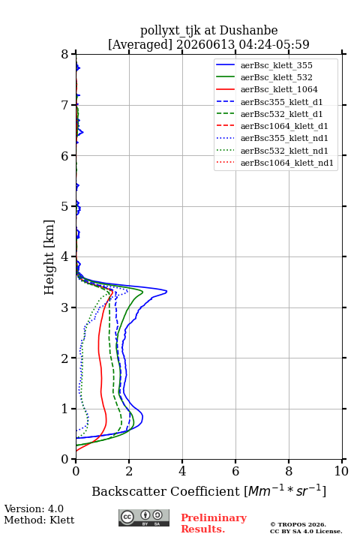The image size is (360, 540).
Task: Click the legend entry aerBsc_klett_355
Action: click(x=264, y=65)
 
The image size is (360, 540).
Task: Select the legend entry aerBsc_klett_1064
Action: click(x=267, y=89)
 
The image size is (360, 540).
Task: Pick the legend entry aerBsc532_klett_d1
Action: click(x=269, y=114)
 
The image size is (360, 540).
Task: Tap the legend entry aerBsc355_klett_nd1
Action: click(x=271, y=138)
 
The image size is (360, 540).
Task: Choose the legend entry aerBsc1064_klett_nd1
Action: click(x=274, y=163)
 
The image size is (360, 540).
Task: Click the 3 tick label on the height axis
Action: click(x=64, y=307)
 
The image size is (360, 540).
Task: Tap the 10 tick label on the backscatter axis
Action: click(x=341, y=471)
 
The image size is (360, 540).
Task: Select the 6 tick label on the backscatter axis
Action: click(x=235, y=471)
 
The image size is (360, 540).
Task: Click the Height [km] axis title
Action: click(x=49, y=257)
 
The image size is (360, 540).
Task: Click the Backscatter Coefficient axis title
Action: click(x=208, y=491)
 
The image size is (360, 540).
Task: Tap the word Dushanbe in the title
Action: click(x=248, y=31)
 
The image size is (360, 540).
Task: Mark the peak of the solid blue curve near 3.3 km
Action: click(x=166, y=292)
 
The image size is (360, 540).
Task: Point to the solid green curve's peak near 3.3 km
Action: click(x=142, y=291)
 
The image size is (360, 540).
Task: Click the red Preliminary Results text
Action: click(x=214, y=523)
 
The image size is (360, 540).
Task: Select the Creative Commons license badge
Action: click(x=144, y=517)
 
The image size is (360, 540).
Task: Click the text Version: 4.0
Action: click(x=34, y=508)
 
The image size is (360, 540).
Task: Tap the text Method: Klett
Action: click(x=39, y=520)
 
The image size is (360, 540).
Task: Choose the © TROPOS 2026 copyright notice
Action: click(x=298, y=524)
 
